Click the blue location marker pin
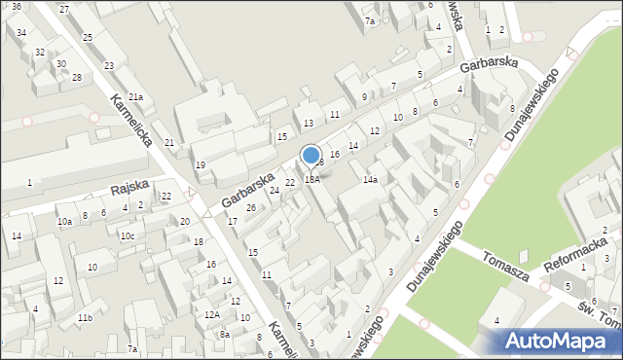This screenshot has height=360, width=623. click(x=311, y=156)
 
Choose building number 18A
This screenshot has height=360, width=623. click(x=311, y=179)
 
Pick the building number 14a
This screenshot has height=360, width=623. click(x=370, y=180)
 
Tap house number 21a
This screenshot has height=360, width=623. click(x=135, y=96)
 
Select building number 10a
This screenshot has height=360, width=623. click(x=64, y=222)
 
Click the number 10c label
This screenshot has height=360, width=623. click(x=127, y=235)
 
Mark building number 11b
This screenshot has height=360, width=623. click(x=86, y=318)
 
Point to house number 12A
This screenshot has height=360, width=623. click(x=211, y=314)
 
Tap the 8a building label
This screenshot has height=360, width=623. click(x=224, y=334)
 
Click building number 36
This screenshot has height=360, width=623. click(x=16, y=6)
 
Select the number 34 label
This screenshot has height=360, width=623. click(x=21, y=32)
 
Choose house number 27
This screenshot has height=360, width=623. click(x=64, y=9)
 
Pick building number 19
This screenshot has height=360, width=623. click(x=200, y=165)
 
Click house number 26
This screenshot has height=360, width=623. click(x=250, y=207)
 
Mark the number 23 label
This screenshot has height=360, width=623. click(x=108, y=65)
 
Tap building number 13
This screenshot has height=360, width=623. click(x=309, y=123)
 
